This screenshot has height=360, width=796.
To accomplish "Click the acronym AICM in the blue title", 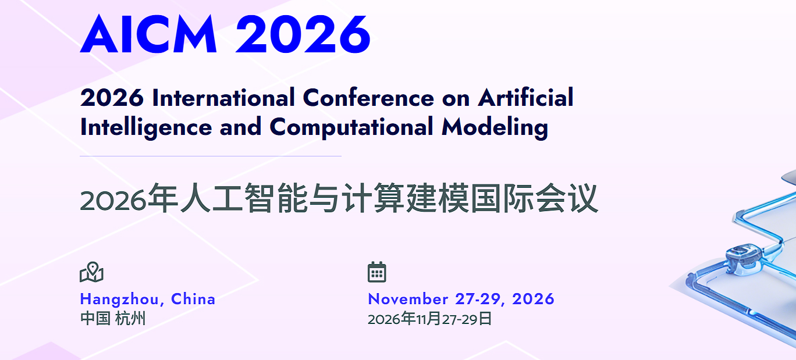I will pos(149,35).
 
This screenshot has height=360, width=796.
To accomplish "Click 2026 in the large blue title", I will pos(303,35).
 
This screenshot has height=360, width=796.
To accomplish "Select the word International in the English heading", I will pos(223,98).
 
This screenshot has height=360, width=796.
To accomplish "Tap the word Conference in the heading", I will pos(369,98).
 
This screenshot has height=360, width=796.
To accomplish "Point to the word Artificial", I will pos(526,98).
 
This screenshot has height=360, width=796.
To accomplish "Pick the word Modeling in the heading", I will pos(495,127).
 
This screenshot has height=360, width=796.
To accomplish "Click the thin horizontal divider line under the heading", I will pos(210,156).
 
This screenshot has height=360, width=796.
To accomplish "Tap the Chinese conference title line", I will pos(339,199).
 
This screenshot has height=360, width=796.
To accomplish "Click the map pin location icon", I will pos(91,272).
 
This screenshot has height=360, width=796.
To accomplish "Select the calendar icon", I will pos(377,272).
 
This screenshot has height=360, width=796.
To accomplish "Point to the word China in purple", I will pos(193,299).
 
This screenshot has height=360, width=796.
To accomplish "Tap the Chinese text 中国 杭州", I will pos(113,319).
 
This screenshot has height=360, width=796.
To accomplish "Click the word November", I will pos(408,299).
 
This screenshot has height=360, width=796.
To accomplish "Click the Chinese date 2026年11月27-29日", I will pos(429,319).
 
